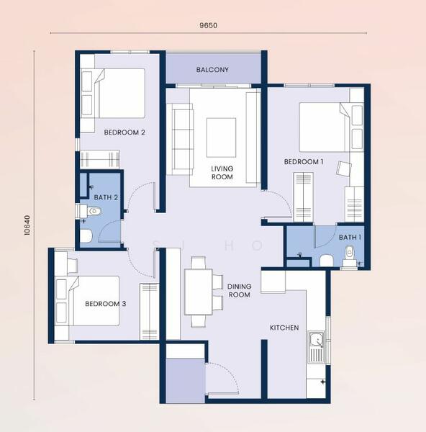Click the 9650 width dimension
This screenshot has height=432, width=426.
[209, 25]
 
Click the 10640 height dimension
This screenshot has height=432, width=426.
[27, 225]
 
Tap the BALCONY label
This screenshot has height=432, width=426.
[212, 70]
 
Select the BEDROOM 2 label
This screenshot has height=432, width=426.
[124, 132]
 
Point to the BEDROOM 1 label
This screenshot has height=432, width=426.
[304, 162]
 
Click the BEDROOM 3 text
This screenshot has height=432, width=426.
[106, 304]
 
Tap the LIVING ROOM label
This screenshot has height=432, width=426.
[222, 173]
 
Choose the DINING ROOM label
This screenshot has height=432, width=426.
[240, 291]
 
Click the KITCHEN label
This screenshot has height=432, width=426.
[284, 328]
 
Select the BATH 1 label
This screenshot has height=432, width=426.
[350, 237]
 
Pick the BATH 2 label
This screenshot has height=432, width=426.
[106, 197]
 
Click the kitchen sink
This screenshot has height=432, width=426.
[316, 347]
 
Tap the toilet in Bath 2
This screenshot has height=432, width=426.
[89, 211]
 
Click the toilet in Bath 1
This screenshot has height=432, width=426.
[350, 256]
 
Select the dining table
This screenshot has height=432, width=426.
[199, 292]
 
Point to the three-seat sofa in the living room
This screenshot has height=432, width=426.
[180, 139]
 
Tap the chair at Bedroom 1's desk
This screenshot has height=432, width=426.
[343, 168]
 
